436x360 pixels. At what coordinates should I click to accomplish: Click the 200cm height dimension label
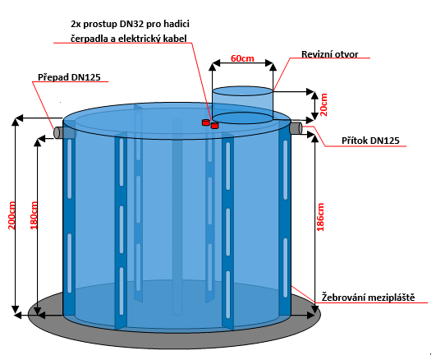click(x=11, y=215)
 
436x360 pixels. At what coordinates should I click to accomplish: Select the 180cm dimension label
click(x=34, y=215)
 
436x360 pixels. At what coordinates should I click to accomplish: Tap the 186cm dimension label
click(x=320, y=217)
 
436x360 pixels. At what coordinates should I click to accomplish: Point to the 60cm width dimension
click(x=242, y=58)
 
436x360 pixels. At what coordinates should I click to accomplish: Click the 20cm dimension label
click(x=324, y=104)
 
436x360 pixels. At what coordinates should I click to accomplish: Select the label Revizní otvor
click(x=330, y=54)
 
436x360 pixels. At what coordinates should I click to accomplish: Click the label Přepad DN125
click(x=69, y=77)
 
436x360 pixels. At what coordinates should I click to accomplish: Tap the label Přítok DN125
click(x=370, y=141)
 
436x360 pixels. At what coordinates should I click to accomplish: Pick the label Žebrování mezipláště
click(x=368, y=297)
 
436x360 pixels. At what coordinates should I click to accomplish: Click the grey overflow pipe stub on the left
click(x=58, y=132)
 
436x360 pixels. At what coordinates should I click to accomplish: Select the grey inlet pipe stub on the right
click(x=296, y=127)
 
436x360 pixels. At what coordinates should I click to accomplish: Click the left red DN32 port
click(x=206, y=122)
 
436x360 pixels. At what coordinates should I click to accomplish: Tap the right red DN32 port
click(x=214, y=126)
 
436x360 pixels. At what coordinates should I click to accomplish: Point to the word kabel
click(x=175, y=39)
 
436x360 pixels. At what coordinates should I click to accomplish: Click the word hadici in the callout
click(x=177, y=24)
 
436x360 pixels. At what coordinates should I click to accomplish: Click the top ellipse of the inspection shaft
click(x=242, y=91)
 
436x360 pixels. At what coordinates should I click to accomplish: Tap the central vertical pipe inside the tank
click(x=177, y=217)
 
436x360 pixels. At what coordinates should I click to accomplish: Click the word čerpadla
click(x=89, y=39)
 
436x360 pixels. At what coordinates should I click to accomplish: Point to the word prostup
click(x=100, y=24)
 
